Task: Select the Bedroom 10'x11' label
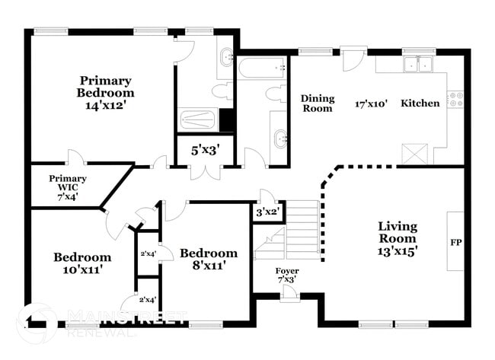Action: [82, 263]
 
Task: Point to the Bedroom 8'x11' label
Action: [208, 259]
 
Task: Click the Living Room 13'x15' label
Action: [398, 237]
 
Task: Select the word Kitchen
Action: [420, 103]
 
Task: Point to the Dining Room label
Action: [317, 103]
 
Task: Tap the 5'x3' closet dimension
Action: [204, 151]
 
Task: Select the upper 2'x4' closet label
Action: [148, 253]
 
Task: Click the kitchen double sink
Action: [417, 65]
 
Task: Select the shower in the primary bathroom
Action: [199, 120]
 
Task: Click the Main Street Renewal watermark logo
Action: [36, 322]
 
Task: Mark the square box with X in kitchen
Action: [415, 153]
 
